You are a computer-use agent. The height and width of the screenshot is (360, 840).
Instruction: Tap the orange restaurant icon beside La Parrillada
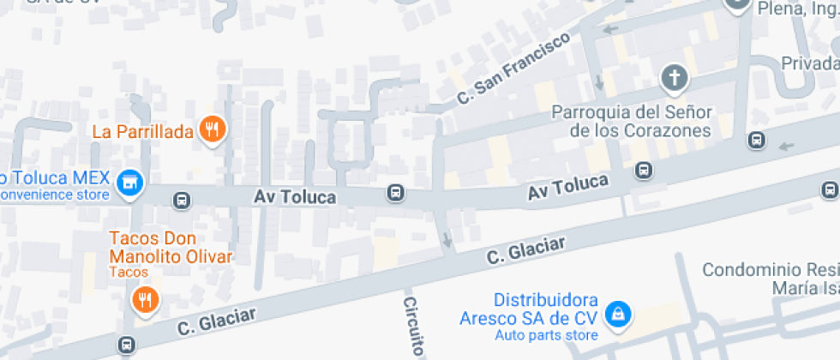(x=211, y=130)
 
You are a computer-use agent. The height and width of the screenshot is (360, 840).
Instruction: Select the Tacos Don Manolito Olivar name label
(x=171, y=247)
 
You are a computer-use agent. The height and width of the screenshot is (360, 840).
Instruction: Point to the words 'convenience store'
(x=54, y=195)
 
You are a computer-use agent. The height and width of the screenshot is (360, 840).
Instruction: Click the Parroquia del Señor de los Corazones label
(x=632, y=122)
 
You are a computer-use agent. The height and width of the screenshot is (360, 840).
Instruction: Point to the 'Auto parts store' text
(x=546, y=335)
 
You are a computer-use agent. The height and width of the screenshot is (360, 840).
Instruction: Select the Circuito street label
(x=414, y=327)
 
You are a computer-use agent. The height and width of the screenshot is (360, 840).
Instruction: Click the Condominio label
(x=770, y=279)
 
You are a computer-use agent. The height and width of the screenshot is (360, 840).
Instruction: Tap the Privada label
(x=810, y=64)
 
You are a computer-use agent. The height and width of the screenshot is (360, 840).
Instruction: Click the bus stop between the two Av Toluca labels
(x=395, y=192)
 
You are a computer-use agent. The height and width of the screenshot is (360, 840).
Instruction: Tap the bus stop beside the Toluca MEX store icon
(x=182, y=201)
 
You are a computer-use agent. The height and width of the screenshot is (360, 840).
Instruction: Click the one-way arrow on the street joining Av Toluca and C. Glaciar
(x=447, y=239)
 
